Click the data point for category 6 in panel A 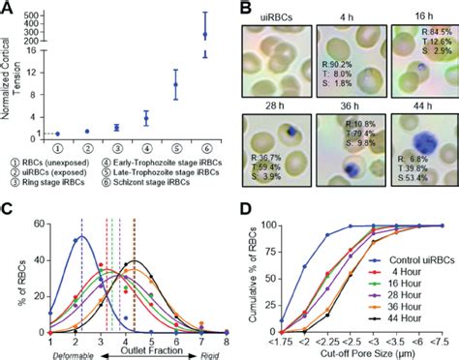[204, 35]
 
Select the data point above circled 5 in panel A [175, 84]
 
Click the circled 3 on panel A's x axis [116, 148]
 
